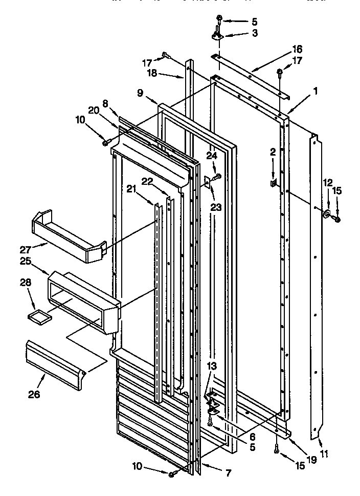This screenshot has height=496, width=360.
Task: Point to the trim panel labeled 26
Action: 54,361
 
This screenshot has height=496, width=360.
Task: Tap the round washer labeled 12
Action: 326,213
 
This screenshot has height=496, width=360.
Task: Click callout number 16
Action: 297,50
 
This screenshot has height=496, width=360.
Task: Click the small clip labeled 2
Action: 274,182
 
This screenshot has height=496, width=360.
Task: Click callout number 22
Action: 147,181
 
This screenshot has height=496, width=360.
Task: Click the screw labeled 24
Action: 217,176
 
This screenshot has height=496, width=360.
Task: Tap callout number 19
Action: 311,460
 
